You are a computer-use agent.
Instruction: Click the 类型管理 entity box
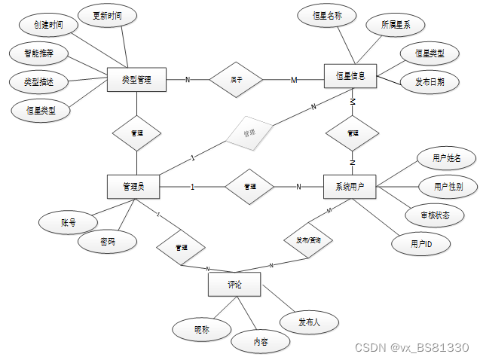136,78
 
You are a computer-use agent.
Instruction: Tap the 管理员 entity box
136,186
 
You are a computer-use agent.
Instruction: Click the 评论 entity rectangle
234,285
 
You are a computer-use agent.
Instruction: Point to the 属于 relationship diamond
235,78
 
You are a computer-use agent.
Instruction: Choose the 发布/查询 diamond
308,240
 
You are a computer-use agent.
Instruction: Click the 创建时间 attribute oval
48,25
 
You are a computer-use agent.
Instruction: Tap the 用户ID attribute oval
420,244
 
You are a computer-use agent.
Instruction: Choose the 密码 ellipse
108,243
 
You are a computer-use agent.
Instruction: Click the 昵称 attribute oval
201,328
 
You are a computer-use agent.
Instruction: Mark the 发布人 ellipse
309,322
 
